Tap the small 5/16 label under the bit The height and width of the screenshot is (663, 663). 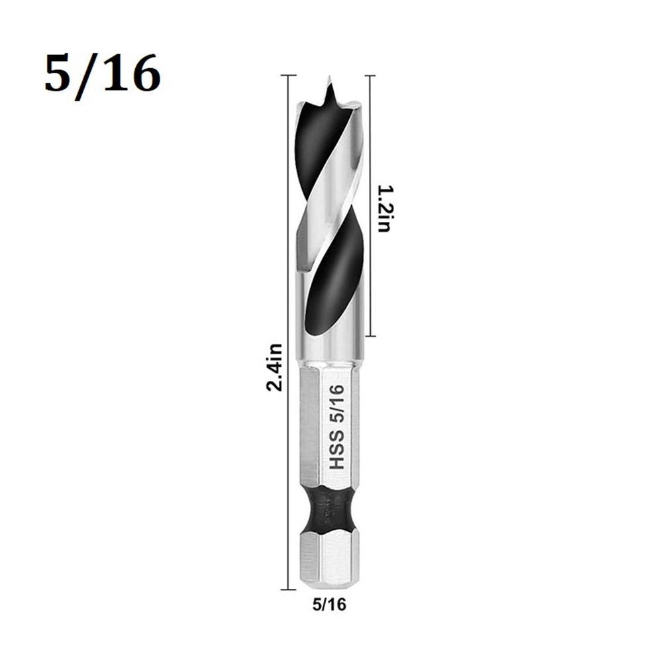[329, 603]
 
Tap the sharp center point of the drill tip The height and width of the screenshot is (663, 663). [329, 81]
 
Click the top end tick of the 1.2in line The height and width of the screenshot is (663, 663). [369, 76]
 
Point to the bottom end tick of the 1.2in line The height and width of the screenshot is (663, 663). [369, 336]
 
